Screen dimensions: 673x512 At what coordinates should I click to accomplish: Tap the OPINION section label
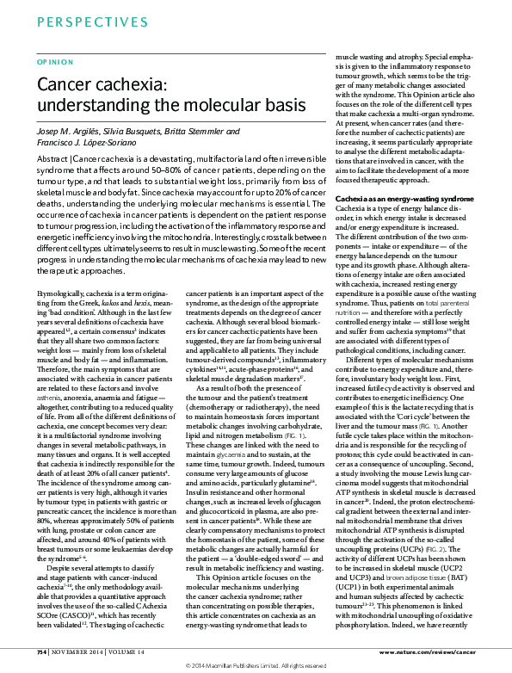[x=48, y=63]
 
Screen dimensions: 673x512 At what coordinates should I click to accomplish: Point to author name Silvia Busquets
[x=138, y=131]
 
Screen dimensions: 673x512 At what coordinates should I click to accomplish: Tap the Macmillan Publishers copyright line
[x=256, y=666]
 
